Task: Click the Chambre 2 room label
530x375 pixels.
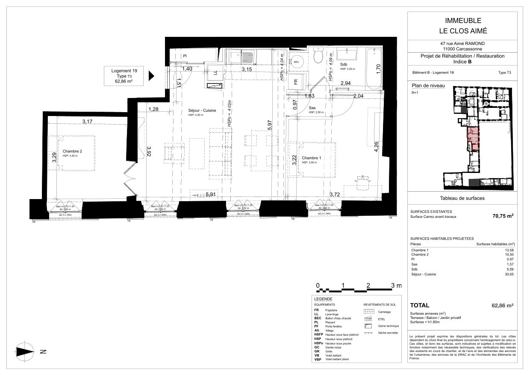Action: (x=72, y=151)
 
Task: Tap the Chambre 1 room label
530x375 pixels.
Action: (x=311, y=158)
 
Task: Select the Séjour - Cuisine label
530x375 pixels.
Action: (x=202, y=110)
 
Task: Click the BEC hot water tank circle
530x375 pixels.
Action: (x=297, y=62)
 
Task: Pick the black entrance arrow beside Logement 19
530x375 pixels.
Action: (x=151, y=76)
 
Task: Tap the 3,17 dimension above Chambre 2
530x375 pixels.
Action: (x=87, y=122)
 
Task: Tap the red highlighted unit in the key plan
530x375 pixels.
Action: (x=474, y=139)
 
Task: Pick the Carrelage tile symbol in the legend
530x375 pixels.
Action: (x=368, y=312)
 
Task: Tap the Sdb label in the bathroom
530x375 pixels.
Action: (x=343, y=65)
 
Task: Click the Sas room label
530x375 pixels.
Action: (x=312, y=108)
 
